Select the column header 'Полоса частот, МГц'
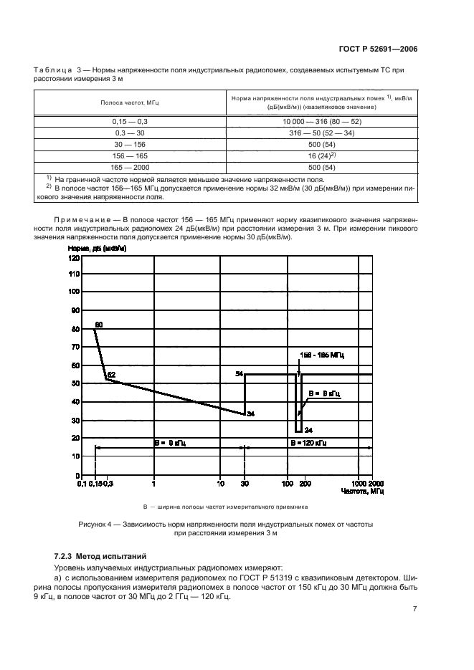130,102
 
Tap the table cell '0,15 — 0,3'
130,123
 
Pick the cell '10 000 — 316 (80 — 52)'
321,123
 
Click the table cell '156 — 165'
130,155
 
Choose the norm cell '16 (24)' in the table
321,155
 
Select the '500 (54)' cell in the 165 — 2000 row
321,166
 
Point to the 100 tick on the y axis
73,292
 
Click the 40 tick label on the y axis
75,402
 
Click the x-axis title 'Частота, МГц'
362,492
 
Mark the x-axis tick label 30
245,484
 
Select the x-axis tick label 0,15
93,484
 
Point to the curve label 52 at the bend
111,375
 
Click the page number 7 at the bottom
415,609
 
